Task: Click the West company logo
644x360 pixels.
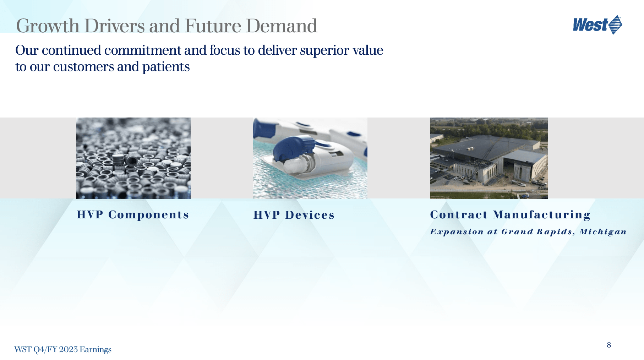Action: pos(597,25)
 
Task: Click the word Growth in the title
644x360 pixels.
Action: pos(48,26)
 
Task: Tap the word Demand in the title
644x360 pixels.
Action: pos(282,26)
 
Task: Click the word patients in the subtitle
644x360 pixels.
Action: pos(166,67)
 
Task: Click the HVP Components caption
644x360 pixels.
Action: pos(133,215)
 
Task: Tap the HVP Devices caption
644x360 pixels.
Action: pos(294,215)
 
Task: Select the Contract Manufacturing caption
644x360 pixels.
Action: pos(510,215)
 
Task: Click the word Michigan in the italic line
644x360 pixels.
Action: pos(603,232)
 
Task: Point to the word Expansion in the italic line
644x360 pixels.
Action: pos(457,232)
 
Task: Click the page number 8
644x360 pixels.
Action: pos(609,345)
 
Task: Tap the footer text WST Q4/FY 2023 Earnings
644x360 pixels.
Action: pos(63,349)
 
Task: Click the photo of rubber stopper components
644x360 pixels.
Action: pos(133,158)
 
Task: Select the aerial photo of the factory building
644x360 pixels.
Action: pos(489,158)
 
